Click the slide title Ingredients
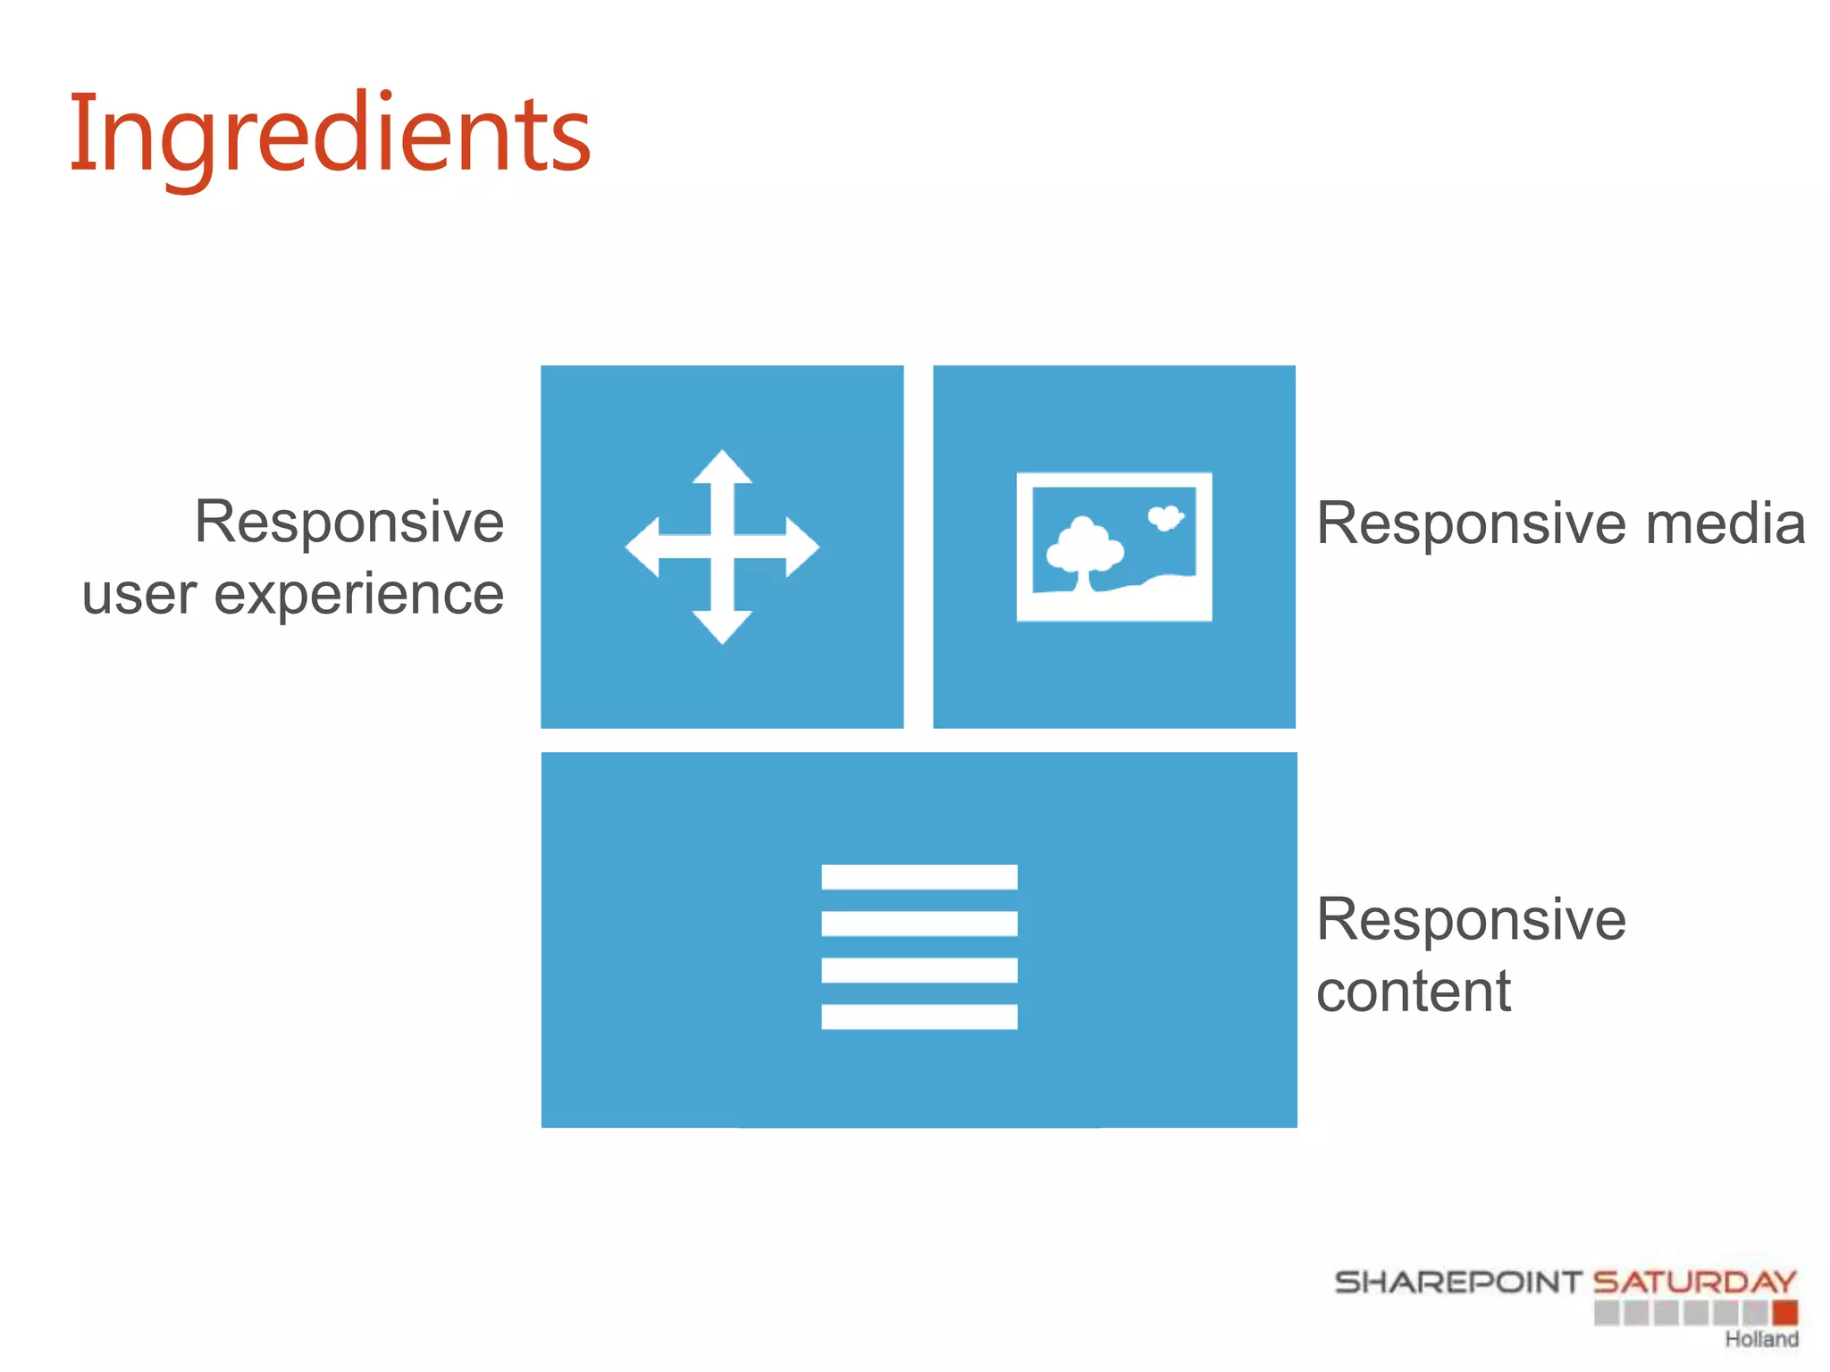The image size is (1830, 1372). tap(329, 134)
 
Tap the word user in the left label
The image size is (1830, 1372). tap(139, 596)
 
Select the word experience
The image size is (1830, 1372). tap(359, 596)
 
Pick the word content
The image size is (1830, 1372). tap(1413, 991)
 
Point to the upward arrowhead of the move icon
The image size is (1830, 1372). tap(722, 467)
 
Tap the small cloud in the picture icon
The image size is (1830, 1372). tap(1165, 517)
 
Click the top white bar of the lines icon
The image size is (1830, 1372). tap(919, 877)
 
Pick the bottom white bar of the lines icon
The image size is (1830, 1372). tap(919, 1016)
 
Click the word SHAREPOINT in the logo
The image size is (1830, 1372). tap(1457, 1283)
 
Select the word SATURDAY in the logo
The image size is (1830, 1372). tap(1694, 1283)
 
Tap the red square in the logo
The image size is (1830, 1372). tap(1784, 1313)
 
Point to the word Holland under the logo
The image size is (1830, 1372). tap(1761, 1339)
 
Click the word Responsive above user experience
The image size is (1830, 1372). tap(349, 522)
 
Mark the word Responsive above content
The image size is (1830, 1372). tap(1471, 920)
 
